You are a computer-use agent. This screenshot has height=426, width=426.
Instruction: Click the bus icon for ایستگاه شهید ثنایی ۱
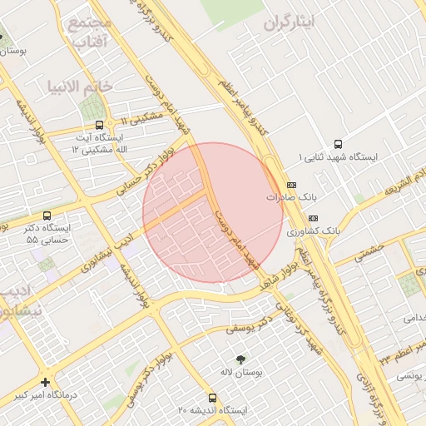coord(338,143)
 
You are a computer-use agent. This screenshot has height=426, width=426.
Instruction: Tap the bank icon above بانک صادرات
coord(291,185)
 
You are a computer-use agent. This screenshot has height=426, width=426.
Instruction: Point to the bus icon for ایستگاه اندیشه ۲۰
coord(213,399)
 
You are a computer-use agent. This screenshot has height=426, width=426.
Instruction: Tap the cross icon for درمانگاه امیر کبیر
coord(45,382)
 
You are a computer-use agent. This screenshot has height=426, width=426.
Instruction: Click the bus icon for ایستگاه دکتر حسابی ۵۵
coord(46,215)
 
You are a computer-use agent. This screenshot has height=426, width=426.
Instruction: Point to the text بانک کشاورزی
coord(309,230)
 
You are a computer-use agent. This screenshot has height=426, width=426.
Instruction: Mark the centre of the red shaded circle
coord(213,213)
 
